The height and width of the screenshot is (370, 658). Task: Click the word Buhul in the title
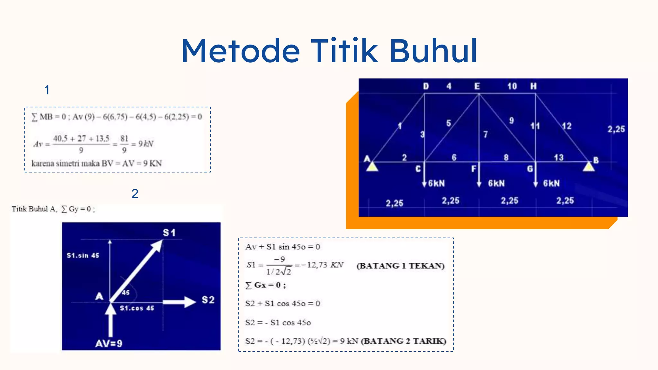point(433,51)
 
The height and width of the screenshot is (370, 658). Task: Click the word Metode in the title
point(241,51)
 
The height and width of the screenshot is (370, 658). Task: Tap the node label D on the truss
point(426,86)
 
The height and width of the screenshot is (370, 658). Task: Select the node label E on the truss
point(477,86)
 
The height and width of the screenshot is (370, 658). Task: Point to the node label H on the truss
point(533,86)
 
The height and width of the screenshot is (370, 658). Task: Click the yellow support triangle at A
point(372,167)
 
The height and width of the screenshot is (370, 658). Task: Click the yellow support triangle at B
point(589,166)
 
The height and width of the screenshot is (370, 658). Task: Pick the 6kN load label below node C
point(437,183)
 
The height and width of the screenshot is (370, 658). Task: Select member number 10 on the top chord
point(512,86)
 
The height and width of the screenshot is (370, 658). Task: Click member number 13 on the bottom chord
point(559,157)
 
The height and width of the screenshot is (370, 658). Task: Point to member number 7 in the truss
point(485,134)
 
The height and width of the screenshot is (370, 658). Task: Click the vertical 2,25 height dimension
point(616,129)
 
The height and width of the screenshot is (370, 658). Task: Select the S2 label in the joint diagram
point(208,300)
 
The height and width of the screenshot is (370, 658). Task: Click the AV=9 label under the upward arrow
point(109,344)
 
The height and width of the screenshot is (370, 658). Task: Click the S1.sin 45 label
point(83,255)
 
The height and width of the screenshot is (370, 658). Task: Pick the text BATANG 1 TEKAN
point(400,266)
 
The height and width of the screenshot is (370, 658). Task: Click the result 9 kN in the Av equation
point(146,144)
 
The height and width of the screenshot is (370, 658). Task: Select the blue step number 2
point(135,194)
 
